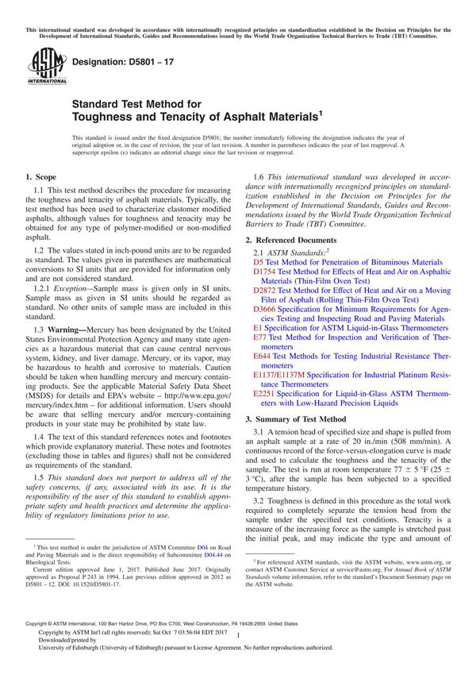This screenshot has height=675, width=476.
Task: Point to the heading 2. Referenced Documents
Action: [x=290, y=240]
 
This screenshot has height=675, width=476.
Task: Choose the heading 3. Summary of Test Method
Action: [x=295, y=418]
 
